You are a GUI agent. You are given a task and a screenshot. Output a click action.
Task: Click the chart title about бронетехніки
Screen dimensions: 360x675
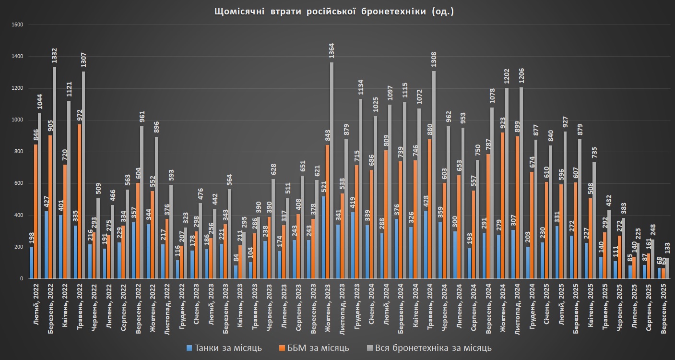pyautogui.click(x=333, y=12)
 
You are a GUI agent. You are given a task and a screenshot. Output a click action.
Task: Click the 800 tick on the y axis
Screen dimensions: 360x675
pyautogui.click(x=19, y=152)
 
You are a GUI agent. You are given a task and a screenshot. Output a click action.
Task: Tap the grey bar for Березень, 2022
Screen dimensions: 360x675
pyautogui.click(x=54, y=173)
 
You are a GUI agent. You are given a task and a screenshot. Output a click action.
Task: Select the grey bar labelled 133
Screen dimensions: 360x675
pyautogui.click(x=666, y=268)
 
